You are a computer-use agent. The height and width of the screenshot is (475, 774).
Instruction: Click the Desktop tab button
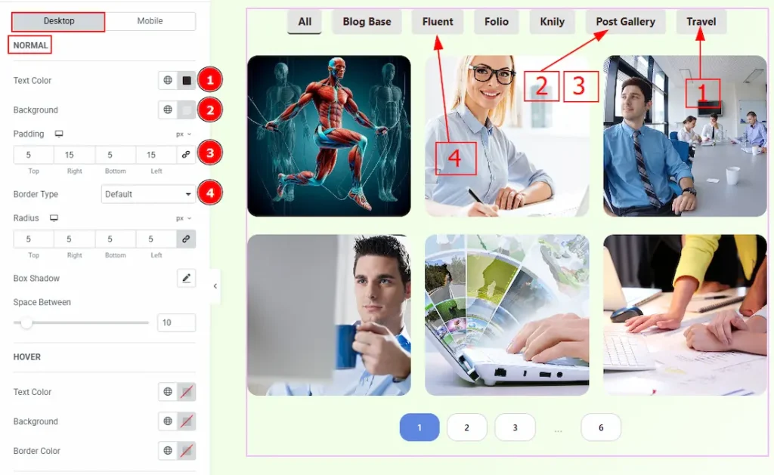[58, 21]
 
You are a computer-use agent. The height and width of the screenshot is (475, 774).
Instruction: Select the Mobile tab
[150, 21]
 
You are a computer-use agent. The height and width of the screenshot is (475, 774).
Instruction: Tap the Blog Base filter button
[367, 22]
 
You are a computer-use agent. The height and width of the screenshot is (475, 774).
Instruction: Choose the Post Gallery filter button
[625, 22]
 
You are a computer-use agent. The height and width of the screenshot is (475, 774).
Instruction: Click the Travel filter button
[701, 22]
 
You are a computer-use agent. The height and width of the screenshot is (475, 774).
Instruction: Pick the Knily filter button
[552, 22]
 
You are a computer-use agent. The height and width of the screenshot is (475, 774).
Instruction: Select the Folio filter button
[496, 22]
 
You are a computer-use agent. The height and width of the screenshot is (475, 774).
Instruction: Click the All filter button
[305, 22]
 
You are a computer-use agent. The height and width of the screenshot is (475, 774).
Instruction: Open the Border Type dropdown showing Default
[148, 194]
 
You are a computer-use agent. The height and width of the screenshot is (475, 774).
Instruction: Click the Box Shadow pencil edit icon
[186, 278]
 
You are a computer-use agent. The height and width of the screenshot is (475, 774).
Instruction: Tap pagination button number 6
[601, 427]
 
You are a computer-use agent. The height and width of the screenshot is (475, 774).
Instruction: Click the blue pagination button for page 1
[420, 427]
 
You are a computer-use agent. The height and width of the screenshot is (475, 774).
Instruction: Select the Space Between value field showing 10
[176, 322]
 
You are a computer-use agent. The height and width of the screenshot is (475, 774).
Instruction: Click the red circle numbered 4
[210, 193]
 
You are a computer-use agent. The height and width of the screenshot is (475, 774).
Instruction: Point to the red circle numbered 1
[210, 80]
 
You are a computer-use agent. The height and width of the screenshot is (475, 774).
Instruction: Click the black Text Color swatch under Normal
[187, 80]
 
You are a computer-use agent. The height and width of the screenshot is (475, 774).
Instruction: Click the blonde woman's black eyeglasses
[491, 75]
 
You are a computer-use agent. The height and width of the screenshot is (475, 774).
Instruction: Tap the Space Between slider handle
[26, 323]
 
